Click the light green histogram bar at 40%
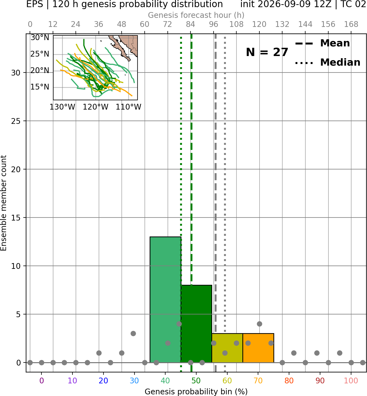click(166, 300)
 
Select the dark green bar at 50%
click(196, 324)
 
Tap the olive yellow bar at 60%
click(227, 348)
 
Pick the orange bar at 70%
click(258, 348)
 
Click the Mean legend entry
click(322, 43)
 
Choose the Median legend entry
click(328, 62)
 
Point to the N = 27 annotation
click(267, 52)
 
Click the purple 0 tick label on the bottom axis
click(41, 381)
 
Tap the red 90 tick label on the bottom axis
click(320, 381)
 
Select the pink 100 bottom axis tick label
click(351, 381)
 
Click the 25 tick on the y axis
click(16, 121)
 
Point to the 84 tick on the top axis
click(190, 24)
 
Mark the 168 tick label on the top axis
click(351, 24)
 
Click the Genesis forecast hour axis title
click(196, 15)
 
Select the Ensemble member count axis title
click(4, 203)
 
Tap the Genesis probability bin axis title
click(196, 392)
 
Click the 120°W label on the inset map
click(96, 107)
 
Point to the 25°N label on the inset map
click(40, 54)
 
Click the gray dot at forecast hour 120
click(259, 324)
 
